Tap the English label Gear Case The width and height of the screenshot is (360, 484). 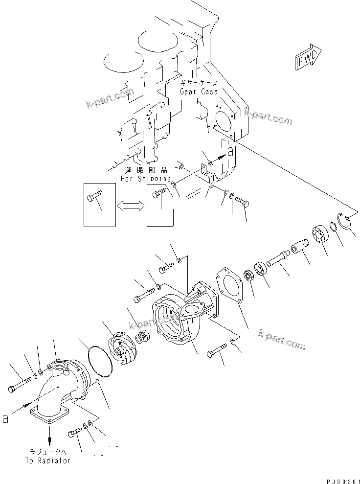[199, 92]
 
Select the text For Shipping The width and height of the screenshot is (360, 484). [146, 179]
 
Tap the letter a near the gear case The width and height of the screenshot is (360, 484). [231, 153]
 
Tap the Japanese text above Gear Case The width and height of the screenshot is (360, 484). [199, 83]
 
